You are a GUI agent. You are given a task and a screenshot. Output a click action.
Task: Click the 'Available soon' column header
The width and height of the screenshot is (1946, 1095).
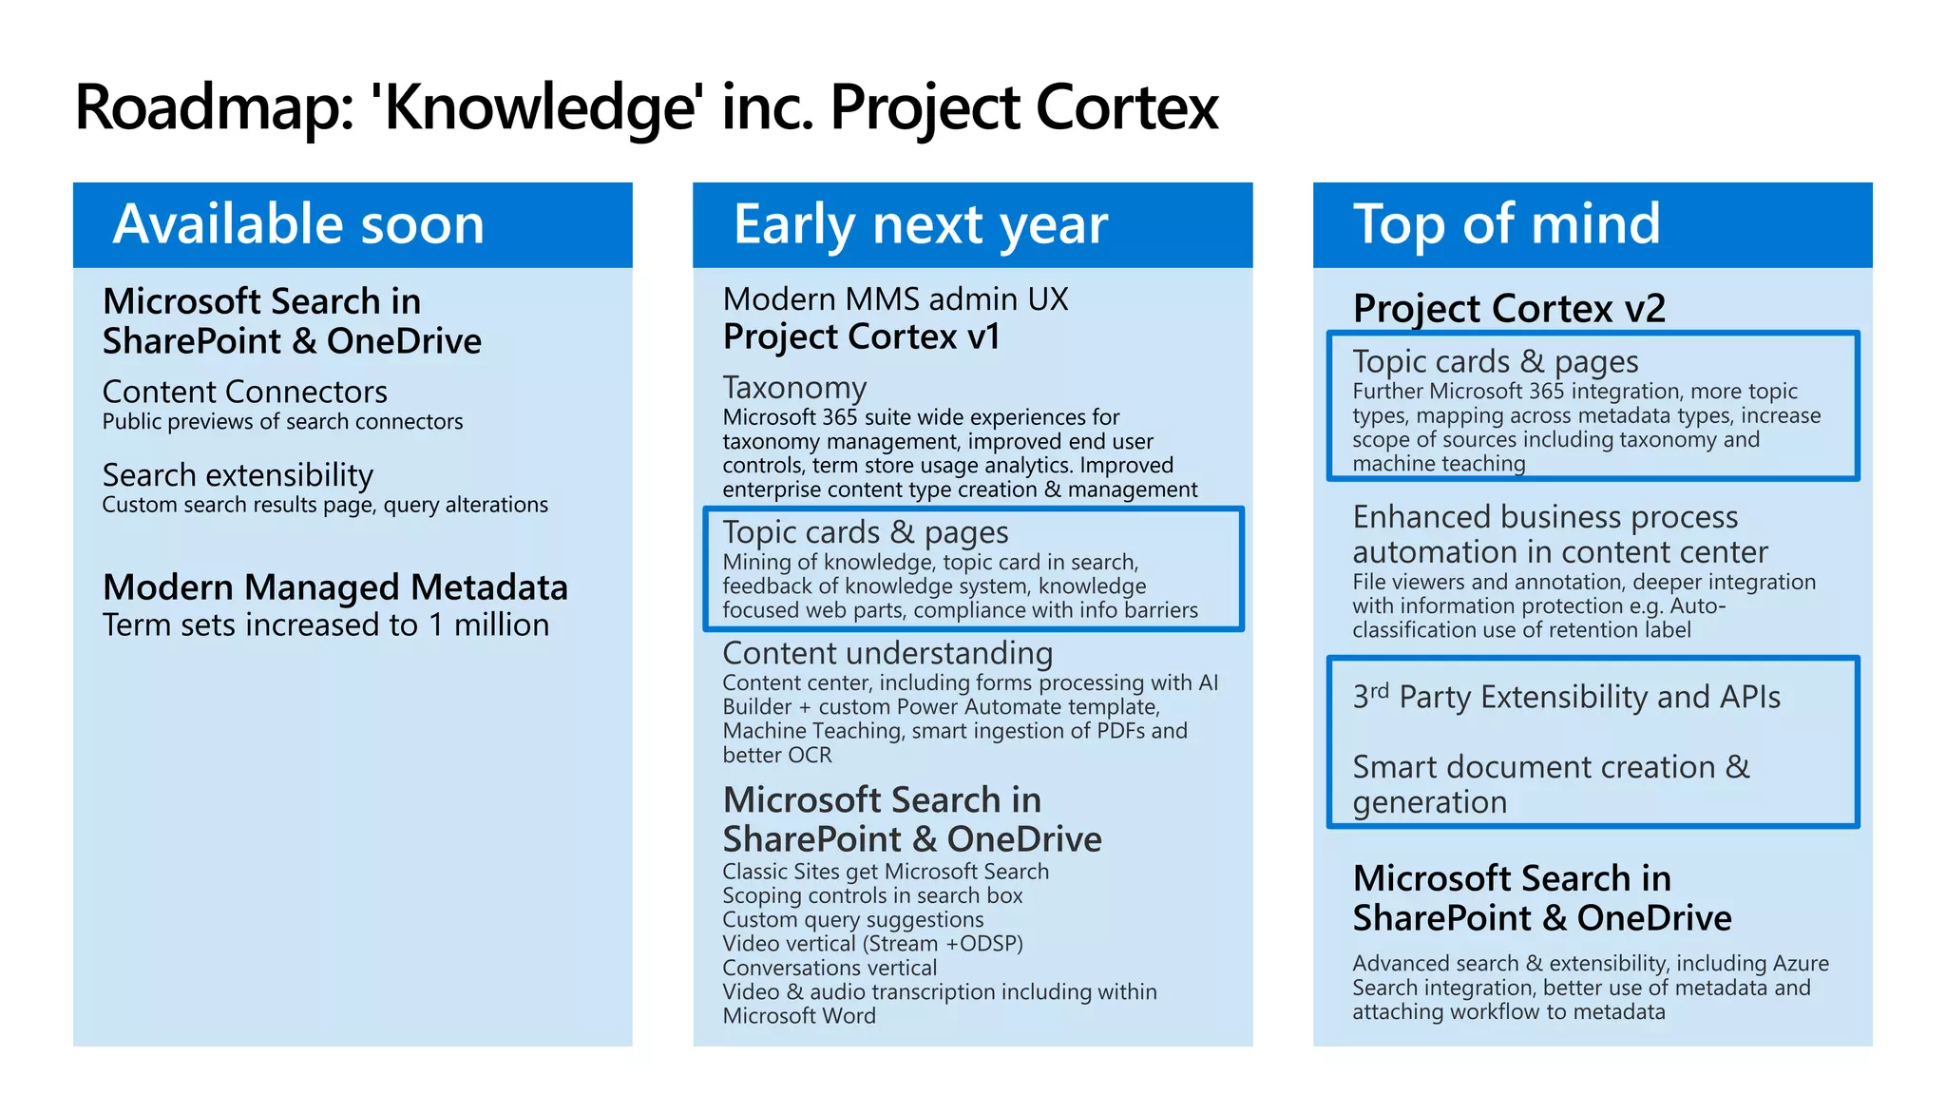(298, 224)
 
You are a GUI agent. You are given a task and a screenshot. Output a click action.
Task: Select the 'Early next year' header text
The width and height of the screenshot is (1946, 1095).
(920, 224)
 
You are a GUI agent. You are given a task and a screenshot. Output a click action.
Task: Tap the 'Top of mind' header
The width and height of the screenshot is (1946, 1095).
(1506, 224)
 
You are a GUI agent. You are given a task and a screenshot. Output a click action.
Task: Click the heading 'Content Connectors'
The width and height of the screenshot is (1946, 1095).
(244, 392)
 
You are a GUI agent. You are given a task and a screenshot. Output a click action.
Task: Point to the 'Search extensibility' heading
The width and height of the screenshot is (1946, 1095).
(238, 474)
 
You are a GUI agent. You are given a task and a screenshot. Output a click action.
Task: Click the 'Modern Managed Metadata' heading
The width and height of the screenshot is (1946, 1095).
(334, 587)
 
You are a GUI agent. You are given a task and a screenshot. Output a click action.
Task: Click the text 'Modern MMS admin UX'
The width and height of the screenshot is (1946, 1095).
(895, 299)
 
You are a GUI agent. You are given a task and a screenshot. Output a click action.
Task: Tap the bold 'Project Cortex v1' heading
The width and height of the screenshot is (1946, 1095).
(861, 336)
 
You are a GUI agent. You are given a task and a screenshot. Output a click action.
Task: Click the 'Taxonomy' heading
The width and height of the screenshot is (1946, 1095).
(794, 388)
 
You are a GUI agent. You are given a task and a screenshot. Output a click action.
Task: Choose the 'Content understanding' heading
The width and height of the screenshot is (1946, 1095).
(887, 653)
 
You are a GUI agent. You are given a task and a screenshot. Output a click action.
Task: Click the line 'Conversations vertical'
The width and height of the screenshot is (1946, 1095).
(830, 968)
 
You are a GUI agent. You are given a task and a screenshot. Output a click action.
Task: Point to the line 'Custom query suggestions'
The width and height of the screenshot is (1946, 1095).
(852, 919)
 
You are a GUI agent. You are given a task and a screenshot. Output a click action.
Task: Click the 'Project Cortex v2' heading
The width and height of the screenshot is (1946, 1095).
(1509, 308)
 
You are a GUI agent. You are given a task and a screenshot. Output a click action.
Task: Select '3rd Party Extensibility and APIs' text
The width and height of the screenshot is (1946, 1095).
(1566, 697)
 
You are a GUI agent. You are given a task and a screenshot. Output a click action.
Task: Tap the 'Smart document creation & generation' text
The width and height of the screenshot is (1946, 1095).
(1550, 783)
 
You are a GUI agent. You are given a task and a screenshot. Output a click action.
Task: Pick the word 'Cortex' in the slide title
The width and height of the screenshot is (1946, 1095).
(1127, 106)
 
